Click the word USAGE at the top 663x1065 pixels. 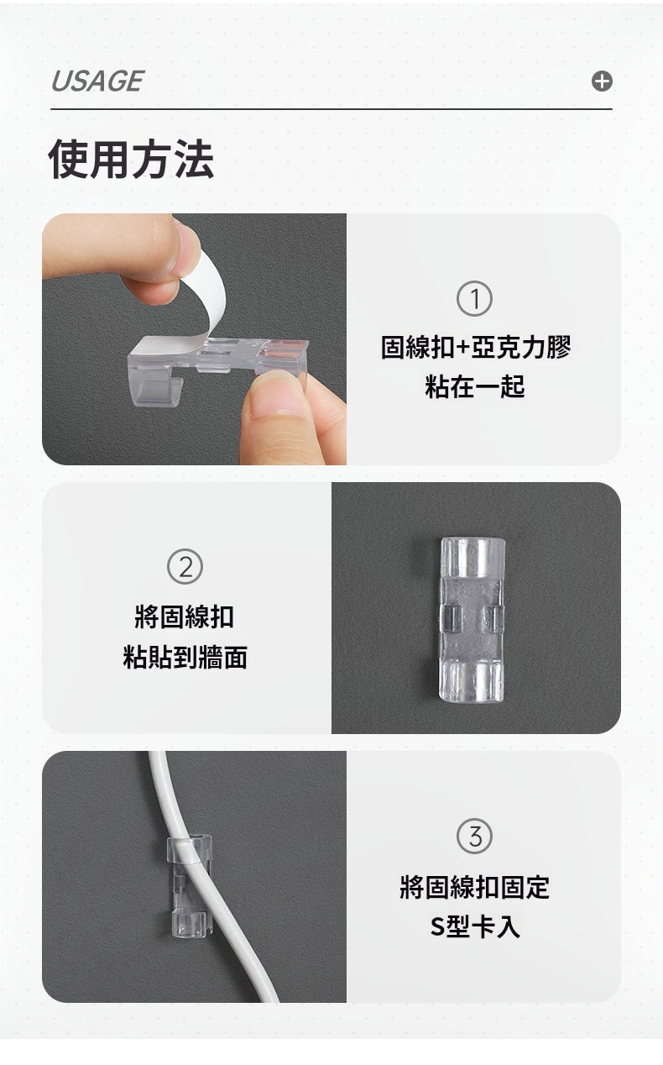coord(97,81)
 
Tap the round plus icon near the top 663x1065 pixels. coord(602,81)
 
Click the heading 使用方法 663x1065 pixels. coord(131,159)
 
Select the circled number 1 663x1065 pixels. coord(474,298)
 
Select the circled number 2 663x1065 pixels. coord(185,567)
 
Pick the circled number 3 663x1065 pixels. coord(474,837)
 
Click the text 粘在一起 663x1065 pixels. coord(474,386)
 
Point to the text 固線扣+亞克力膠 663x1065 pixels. coord(476,347)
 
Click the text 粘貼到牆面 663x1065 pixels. coord(185,657)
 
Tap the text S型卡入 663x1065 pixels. coord(474,926)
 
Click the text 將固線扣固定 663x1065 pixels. coord(474,887)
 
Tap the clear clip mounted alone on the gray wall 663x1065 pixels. coord(472,620)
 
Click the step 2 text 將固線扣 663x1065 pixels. coord(185,617)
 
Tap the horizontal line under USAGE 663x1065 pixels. coord(331,109)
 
